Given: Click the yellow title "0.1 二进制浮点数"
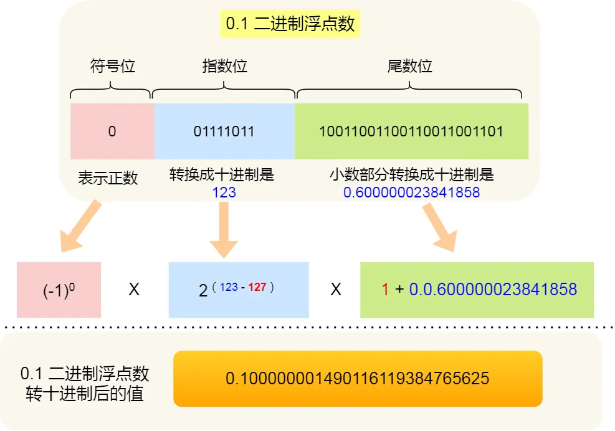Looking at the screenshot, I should click(290, 24).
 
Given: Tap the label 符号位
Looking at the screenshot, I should click(112, 66).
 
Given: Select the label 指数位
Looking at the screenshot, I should click(224, 66).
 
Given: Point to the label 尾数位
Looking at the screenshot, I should click(409, 66).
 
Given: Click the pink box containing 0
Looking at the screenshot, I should click(112, 131).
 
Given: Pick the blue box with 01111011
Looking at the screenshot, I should click(224, 131).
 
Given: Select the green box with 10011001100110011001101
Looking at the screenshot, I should click(411, 131).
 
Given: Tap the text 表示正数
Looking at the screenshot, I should click(108, 178).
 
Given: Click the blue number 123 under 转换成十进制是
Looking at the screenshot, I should click(224, 192).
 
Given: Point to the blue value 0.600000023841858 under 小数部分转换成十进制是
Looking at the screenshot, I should click(411, 192).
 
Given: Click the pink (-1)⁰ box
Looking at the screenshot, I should click(59, 290).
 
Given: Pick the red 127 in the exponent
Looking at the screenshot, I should click(258, 288).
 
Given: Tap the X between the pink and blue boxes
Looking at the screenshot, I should click(134, 290).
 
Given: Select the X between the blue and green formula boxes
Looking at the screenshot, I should click(335, 290).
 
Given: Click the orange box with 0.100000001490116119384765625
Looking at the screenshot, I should click(357, 379).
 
